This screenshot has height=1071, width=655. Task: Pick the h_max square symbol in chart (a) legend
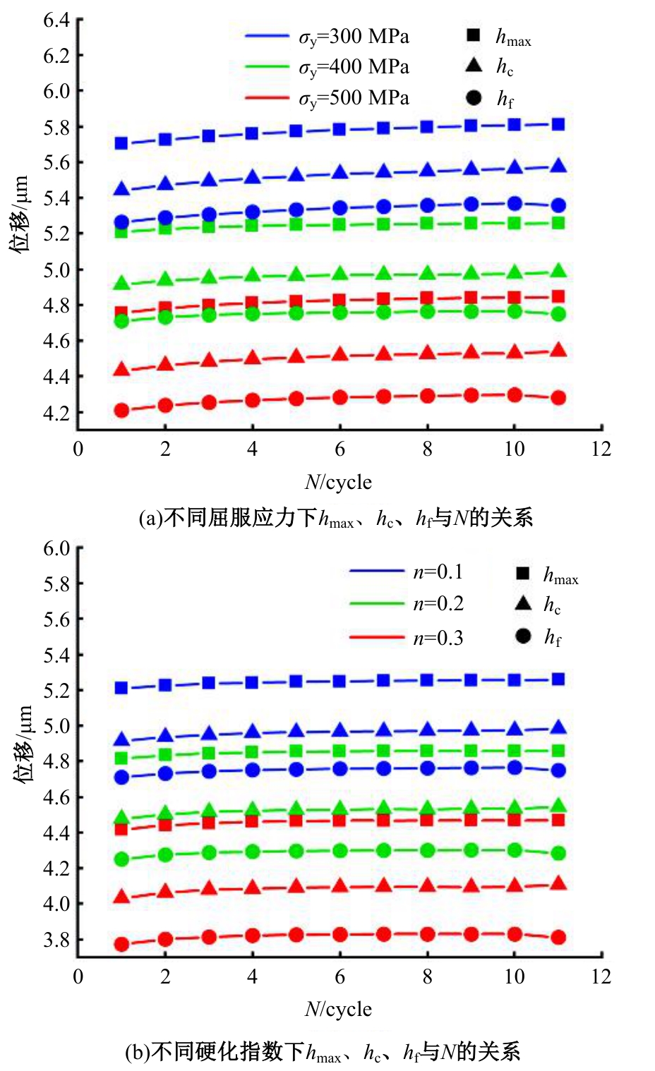(474, 35)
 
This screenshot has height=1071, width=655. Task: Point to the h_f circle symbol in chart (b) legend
(523, 636)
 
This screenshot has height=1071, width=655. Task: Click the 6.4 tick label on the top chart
(56, 20)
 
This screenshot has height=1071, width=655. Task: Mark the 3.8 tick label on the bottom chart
(56, 940)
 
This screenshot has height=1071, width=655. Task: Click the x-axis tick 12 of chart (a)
(601, 449)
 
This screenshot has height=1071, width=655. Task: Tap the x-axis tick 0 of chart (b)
(78, 976)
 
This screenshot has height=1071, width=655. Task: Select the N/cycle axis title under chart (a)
(338, 483)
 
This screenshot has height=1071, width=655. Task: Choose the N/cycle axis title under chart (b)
(338, 1010)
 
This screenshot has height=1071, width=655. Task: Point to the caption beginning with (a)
(335, 519)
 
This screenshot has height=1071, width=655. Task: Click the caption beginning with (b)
(323, 1052)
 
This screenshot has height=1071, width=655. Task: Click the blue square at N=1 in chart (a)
(121, 143)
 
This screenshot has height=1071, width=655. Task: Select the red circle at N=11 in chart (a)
(558, 398)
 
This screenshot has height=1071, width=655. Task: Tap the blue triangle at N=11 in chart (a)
(558, 167)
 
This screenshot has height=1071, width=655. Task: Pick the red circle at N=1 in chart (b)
(121, 944)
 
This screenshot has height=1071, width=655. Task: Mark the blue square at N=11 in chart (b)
(558, 679)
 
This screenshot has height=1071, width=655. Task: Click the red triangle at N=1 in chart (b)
(121, 897)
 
